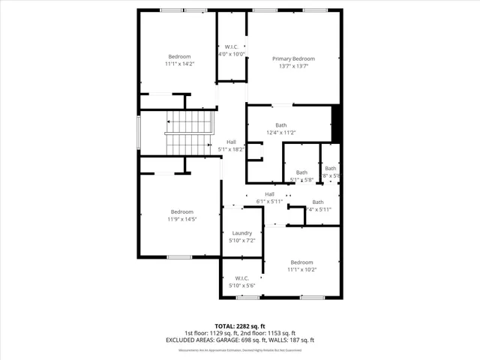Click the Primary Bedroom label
293,58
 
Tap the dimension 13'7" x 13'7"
293,67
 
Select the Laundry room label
241,233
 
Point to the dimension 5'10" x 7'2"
241,241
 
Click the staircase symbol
190,132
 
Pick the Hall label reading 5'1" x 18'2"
232,142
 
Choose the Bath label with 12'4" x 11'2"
281,125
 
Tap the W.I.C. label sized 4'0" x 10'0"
232,47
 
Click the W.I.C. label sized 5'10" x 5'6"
241,278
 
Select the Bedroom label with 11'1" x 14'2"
179,57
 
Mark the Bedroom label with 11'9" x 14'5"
181,211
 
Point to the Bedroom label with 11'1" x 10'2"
301,262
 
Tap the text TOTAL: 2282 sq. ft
239,326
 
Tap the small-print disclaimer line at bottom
239,349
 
